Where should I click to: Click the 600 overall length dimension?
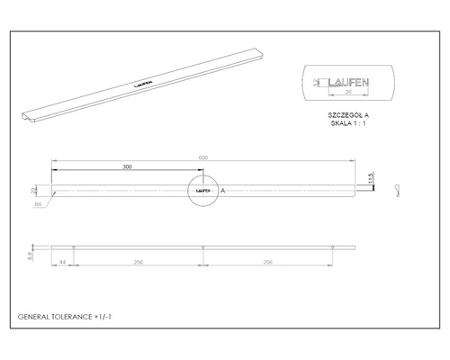click(x=203, y=159)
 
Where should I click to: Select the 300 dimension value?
click(x=127, y=168)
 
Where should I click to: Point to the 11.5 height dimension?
click(x=369, y=177)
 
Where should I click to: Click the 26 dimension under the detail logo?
click(x=346, y=92)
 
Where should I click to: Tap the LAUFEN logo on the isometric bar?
click(x=142, y=81)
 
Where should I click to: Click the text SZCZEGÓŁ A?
click(x=346, y=115)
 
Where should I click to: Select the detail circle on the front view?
click(x=202, y=191)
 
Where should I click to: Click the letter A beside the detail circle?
click(x=222, y=191)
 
